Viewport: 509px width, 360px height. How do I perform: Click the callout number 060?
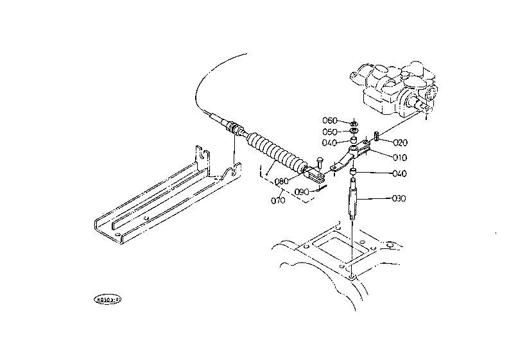[x=329, y=121]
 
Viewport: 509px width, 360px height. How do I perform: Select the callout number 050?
[x=329, y=132]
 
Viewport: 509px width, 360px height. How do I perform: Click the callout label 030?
[x=398, y=198]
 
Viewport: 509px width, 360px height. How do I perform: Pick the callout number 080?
[x=280, y=181]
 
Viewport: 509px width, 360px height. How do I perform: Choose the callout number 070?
[x=278, y=201]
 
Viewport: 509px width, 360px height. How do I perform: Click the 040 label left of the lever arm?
[x=329, y=142]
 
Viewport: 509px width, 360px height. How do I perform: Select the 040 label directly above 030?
[x=398, y=173]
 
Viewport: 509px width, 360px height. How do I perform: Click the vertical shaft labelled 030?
[x=354, y=200]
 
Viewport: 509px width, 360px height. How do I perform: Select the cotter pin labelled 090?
[x=322, y=188]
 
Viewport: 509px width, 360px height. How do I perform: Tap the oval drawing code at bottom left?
[x=108, y=298]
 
